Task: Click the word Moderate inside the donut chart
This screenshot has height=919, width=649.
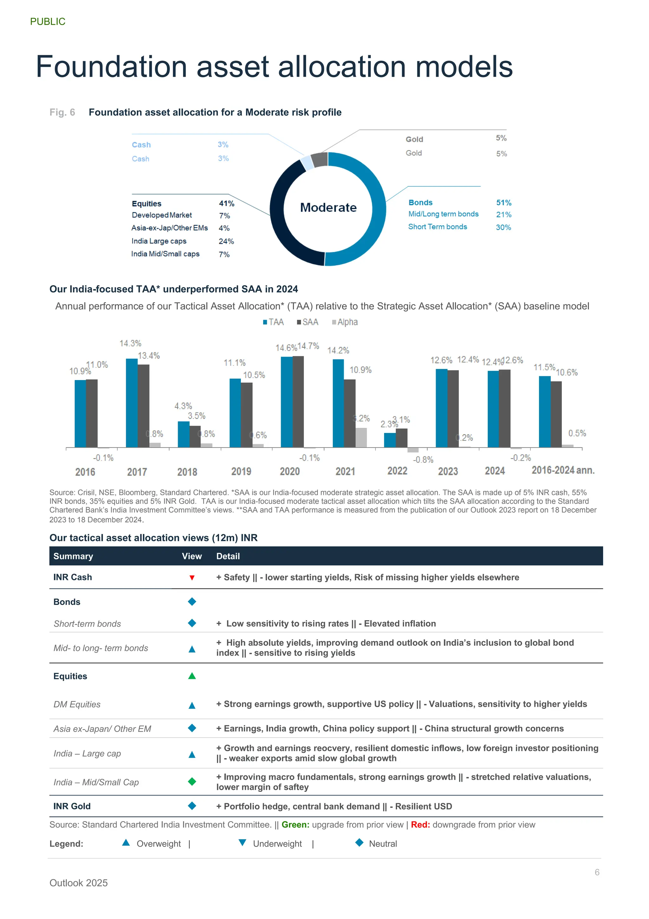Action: tap(328, 207)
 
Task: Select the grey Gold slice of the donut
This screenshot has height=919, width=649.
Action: tap(319, 160)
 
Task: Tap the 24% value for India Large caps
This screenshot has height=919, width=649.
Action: tap(226, 241)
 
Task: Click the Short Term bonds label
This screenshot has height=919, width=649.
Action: tap(437, 226)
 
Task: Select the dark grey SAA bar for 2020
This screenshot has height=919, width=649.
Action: tap(298, 402)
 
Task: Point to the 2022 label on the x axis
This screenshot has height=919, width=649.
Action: tap(397, 471)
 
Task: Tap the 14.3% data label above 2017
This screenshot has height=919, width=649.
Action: tap(130, 344)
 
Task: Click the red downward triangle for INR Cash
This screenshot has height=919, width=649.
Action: tap(192, 578)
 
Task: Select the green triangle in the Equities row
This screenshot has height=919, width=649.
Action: tap(192, 676)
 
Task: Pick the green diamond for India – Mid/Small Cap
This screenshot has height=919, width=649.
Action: tap(192, 781)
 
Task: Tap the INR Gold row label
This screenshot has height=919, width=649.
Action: tap(72, 806)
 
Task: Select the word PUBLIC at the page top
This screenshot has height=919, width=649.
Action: tap(48, 22)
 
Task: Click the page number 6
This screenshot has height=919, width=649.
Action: tap(597, 872)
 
